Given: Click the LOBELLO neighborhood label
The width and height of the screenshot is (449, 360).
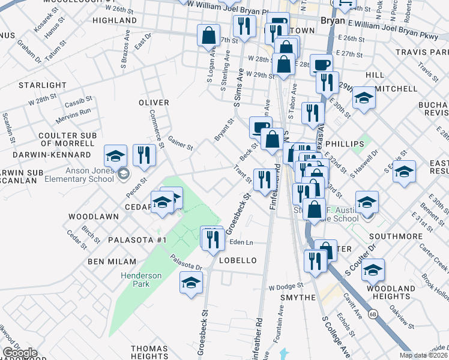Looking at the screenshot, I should pyautogui.click(x=238, y=260).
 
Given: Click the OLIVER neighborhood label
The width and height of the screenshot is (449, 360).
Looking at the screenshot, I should pyautogui.click(x=154, y=103).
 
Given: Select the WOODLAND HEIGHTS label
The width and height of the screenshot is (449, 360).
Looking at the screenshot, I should pyautogui.click(x=391, y=293).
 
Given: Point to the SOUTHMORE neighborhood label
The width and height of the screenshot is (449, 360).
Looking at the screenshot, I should pyautogui.click(x=396, y=236).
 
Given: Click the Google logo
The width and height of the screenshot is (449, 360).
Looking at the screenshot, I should pyautogui.click(x=19, y=353).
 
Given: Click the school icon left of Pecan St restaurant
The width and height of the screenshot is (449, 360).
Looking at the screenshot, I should pyautogui.click(x=115, y=156).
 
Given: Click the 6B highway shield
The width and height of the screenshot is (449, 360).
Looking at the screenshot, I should pyautogui.click(x=373, y=314).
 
